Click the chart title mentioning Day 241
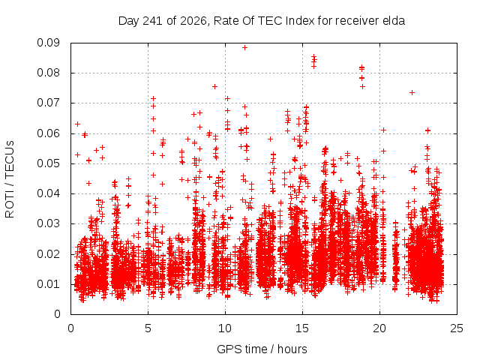pos(262,21)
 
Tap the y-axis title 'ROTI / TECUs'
pos(10,179)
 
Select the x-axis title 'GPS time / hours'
pos(262,349)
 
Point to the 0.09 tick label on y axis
pos(48,43)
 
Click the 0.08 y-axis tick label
pos(48,73)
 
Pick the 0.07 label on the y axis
pos(48,103)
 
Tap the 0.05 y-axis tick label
pos(48,163)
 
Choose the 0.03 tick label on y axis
pos(48,223)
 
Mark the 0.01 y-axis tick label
pos(48,284)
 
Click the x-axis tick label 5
pos(148,328)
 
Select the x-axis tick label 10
pos(225,328)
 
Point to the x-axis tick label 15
pos(302,328)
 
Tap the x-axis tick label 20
pos(379,328)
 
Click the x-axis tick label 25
pos(457,328)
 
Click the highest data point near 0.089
pos(244,47)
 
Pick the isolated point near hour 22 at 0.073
pos(412,92)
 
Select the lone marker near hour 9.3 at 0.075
pos(215,87)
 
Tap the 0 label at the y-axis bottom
pos(57,314)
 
